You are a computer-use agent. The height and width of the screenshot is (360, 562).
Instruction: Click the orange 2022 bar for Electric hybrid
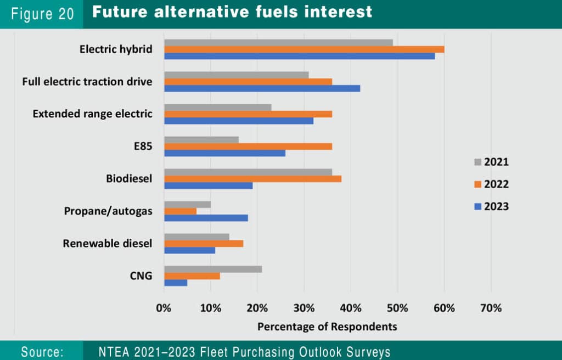click(x=304, y=49)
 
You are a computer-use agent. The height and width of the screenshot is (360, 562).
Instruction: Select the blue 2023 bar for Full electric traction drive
click(x=262, y=88)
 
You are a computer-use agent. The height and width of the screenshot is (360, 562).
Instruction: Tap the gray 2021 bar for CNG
click(x=213, y=269)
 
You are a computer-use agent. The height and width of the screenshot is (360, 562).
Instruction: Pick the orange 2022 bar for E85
click(x=248, y=146)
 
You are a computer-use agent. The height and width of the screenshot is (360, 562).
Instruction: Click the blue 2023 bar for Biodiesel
click(x=208, y=185)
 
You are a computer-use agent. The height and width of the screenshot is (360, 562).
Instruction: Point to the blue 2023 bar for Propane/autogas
click(x=206, y=218)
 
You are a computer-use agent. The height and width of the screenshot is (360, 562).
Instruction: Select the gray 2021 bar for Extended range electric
click(x=217, y=107)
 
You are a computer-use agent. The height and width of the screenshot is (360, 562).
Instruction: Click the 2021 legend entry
click(x=491, y=162)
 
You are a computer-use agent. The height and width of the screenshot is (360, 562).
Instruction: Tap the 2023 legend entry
click(x=491, y=206)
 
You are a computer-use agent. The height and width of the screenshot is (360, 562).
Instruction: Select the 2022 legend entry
click(x=491, y=184)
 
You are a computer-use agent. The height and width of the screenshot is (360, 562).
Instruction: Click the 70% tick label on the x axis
click(x=491, y=308)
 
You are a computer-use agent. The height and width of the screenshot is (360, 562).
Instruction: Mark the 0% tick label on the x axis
click(x=164, y=308)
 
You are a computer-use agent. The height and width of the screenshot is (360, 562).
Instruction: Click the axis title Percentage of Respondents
click(x=327, y=327)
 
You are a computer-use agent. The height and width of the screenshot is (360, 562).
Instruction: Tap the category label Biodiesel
click(x=129, y=179)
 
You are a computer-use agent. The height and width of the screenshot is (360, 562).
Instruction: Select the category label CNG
click(x=141, y=275)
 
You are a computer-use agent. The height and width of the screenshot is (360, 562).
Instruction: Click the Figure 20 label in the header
click(x=42, y=14)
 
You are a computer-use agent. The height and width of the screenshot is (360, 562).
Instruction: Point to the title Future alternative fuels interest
click(x=232, y=12)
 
